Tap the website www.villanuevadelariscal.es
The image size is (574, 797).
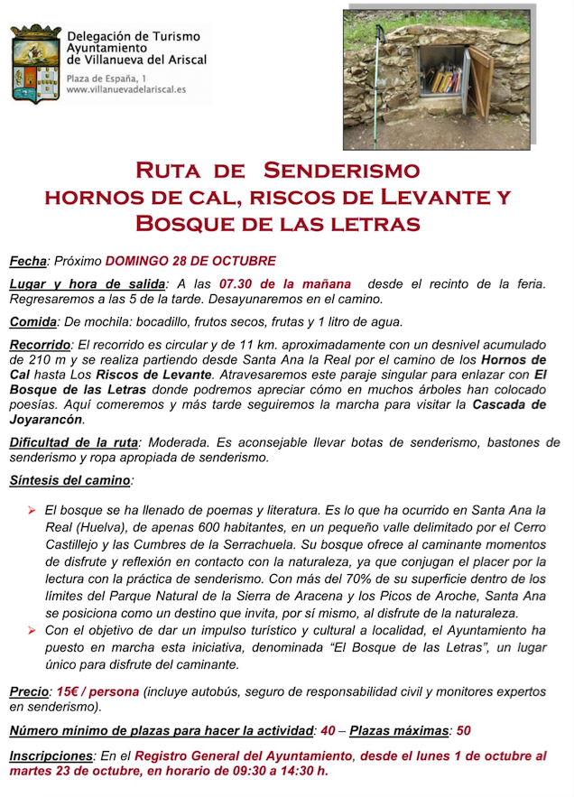click(126, 90)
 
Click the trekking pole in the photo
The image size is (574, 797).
click(379, 81)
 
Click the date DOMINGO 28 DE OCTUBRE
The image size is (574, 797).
click(190, 261)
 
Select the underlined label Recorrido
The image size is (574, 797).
click(40, 344)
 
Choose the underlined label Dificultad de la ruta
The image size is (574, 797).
click(74, 442)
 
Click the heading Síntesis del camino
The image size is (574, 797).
click(69, 480)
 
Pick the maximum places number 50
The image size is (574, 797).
click(463, 730)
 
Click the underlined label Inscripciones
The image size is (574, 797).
click(51, 755)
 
